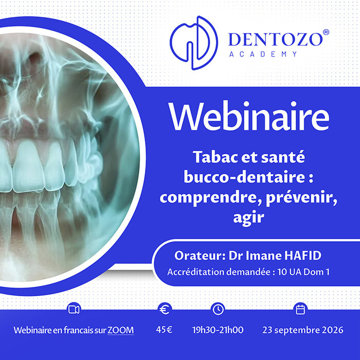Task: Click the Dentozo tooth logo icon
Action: [x=194, y=43]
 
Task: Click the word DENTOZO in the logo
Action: [x=276, y=40]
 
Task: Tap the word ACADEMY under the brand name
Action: [x=263, y=54]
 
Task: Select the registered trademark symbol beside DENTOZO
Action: [x=326, y=32]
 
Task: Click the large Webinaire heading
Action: [x=249, y=116]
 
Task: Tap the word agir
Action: [x=248, y=218]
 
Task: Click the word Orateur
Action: [x=200, y=256]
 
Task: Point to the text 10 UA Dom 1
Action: [x=303, y=272]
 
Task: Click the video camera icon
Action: [x=74, y=310]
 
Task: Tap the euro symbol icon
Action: [x=165, y=310]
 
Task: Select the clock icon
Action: [x=218, y=310]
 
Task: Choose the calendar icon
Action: [x=300, y=310]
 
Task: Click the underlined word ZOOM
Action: [x=121, y=330]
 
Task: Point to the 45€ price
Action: [x=164, y=330]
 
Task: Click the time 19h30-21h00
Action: [x=218, y=330]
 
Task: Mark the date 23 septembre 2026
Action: [x=303, y=330]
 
